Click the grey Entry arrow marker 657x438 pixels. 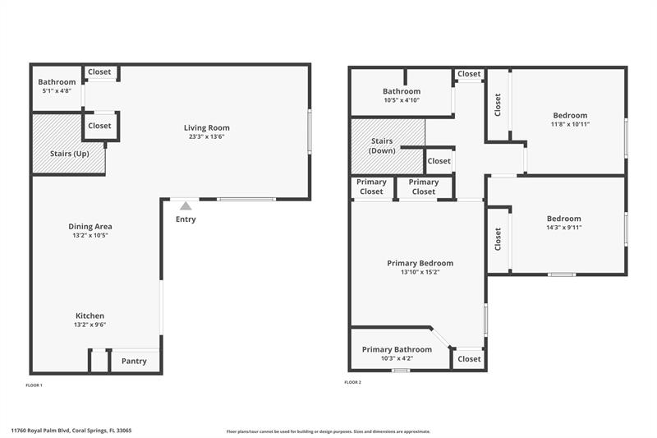point(186,205)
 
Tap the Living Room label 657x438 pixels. point(206,127)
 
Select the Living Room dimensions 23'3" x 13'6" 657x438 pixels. point(206,137)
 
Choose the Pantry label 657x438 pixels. point(134,361)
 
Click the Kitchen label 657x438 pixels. point(90,316)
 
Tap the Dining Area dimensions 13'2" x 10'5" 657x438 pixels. point(90,236)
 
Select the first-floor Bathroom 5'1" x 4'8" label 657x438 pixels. point(57,86)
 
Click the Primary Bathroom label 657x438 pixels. point(397,349)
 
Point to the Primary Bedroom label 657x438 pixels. point(420,263)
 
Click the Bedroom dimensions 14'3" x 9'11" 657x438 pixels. point(563,228)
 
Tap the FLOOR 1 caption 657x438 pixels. point(34,385)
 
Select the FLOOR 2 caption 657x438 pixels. point(351,382)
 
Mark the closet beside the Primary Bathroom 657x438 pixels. point(469,359)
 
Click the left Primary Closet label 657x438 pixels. point(371,187)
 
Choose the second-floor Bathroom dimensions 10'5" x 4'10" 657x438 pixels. point(402,100)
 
